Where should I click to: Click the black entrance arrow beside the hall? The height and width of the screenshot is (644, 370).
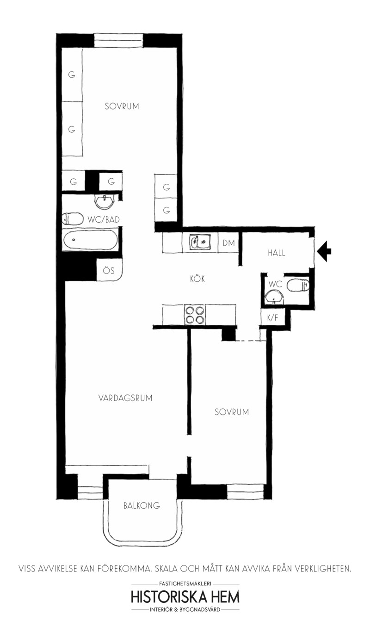pos(324,252)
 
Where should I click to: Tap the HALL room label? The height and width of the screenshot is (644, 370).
pos(277,253)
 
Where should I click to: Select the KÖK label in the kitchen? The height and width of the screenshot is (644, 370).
pos(197,279)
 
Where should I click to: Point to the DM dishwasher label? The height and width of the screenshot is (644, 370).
pos(229,243)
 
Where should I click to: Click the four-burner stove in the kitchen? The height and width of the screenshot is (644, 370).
pos(195,315)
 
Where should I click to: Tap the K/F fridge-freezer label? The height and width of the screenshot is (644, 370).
pos(272,318)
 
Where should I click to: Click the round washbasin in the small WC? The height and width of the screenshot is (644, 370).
pos(274,297)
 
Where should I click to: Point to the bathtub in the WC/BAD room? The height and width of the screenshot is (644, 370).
pos(91,240)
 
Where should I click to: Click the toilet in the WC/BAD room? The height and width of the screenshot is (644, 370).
pos(73,219)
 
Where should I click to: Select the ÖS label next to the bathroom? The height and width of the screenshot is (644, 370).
pos(109,270)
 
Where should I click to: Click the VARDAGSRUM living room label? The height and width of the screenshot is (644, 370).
pos(125,398)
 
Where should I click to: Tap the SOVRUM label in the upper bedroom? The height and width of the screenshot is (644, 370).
pos(122,106)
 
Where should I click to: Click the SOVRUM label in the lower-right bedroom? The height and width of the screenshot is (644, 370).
pos(232,412)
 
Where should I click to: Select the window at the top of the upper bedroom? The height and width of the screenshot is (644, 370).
pos(118,41)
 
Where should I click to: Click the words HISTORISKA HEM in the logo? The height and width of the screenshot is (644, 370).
pos(185,597)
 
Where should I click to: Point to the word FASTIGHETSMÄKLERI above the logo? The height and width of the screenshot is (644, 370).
pos(185,583)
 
